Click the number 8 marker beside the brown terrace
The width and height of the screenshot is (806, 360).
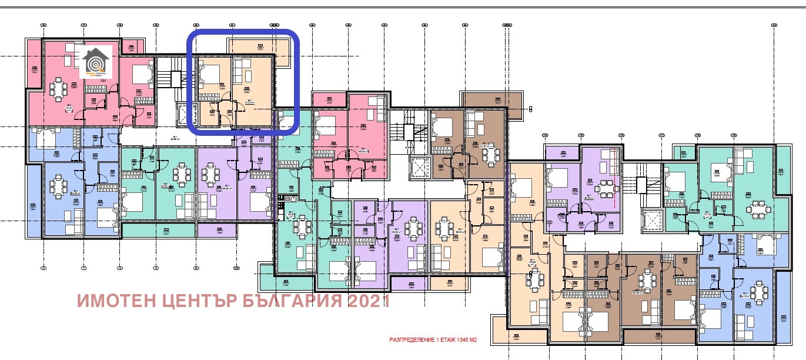(530, 109)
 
